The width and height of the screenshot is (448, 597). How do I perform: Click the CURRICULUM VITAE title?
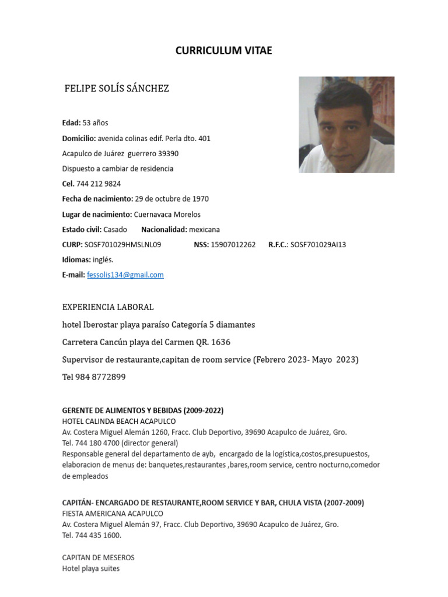tap(223, 51)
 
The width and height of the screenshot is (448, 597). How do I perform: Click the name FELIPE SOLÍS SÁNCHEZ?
tap(117, 89)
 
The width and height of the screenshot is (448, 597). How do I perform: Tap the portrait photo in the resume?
tap(346, 125)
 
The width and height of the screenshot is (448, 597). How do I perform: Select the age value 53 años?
tap(95, 123)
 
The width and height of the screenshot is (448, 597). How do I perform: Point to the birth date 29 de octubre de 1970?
tap(171, 199)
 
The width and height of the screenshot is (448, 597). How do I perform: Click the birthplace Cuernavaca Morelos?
tap(167, 214)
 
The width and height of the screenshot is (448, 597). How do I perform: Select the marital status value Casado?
tap(115, 229)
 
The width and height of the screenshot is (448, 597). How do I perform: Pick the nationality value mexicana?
tap(204, 229)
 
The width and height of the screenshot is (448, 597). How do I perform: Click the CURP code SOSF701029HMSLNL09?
tap(123, 245)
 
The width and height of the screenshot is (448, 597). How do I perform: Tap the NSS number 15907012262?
tap(233, 245)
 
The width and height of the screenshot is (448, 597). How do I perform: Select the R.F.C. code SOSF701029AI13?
tap(318, 245)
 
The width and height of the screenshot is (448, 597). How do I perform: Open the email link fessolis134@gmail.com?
tap(125, 275)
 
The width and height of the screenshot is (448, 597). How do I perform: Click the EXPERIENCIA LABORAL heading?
tap(108, 307)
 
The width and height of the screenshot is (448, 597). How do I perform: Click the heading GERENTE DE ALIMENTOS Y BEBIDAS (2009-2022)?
tap(143, 410)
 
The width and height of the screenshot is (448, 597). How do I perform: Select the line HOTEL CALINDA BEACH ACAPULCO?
tap(119, 421)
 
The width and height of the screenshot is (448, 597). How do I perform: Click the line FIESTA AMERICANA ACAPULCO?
tap(113, 514)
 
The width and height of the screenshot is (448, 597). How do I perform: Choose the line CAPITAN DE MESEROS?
tap(98, 557)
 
